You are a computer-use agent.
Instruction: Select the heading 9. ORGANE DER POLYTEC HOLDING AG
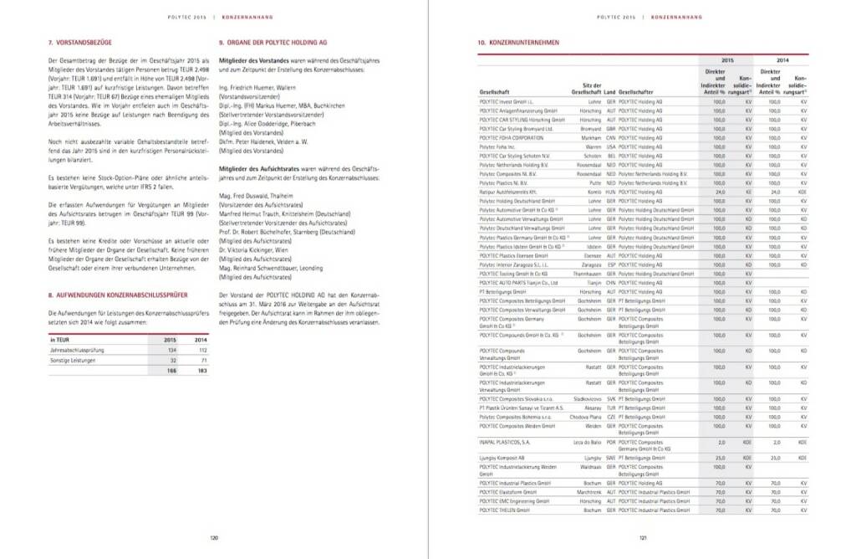[x=273, y=42]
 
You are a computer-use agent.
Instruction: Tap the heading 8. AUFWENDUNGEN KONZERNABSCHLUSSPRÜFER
[x=117, y=295]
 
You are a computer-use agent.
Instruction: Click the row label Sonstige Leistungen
[x=73, y=360]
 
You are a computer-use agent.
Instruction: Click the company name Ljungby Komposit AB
[x=502, y=459]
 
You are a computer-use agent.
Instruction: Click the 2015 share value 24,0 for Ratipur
[x=719, y=192]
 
